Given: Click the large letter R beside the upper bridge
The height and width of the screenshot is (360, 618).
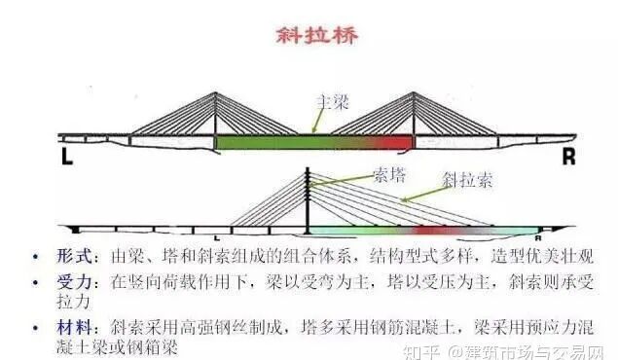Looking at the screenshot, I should tap(567, 156).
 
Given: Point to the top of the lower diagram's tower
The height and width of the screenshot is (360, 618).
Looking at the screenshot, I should tap(308, 171).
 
